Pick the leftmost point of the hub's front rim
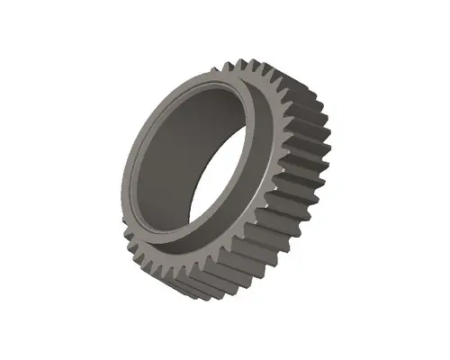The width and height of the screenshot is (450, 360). (x=123, y=180)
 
